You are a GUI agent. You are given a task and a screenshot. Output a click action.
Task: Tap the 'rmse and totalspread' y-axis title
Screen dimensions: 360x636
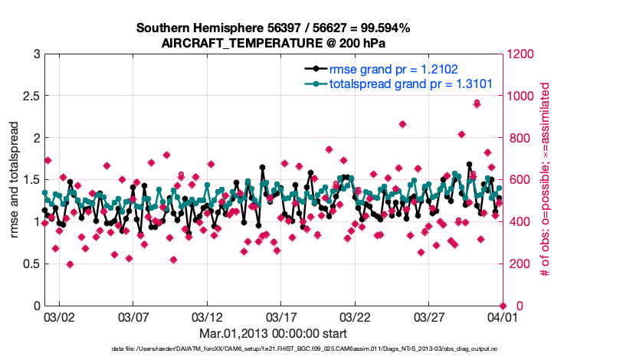coord(15,180)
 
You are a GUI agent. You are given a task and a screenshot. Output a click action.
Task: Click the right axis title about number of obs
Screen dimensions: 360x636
coord(546,180)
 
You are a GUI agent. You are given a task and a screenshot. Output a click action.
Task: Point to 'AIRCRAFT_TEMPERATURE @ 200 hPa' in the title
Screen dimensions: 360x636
coord(273,44)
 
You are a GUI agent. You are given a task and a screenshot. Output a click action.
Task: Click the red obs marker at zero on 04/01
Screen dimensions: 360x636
coord(502,306)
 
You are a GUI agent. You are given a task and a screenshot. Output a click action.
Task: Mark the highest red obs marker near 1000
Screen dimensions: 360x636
coord(477,103)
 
